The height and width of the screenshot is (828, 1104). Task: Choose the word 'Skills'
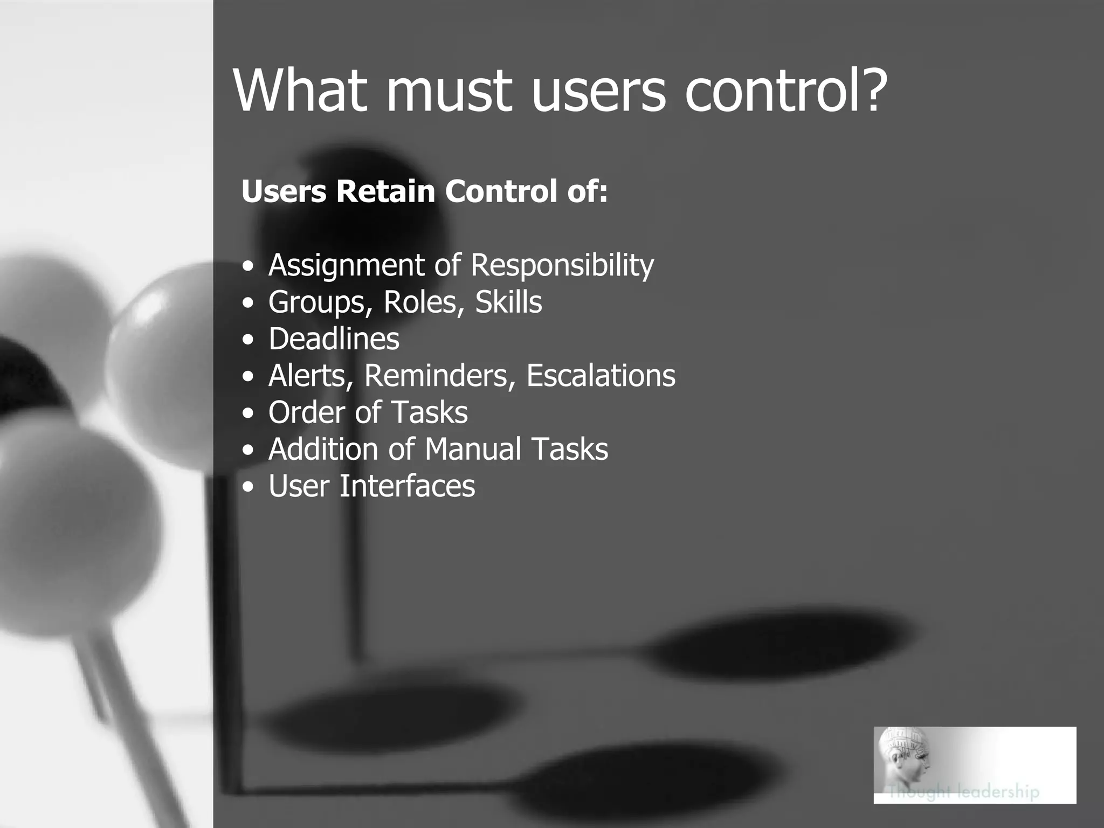coord(508,302)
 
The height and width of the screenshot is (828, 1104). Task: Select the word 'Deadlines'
coord(334,339)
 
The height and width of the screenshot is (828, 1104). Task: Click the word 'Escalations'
coord(601,375)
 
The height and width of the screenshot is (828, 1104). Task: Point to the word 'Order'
coord(302,412)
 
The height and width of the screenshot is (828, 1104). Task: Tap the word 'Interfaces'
coord(407,486)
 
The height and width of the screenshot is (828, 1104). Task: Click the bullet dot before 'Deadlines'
coord(247,340)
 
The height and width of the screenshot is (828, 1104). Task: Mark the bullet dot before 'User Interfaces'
coord(247,487)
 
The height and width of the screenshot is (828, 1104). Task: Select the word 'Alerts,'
coord(311,375)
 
